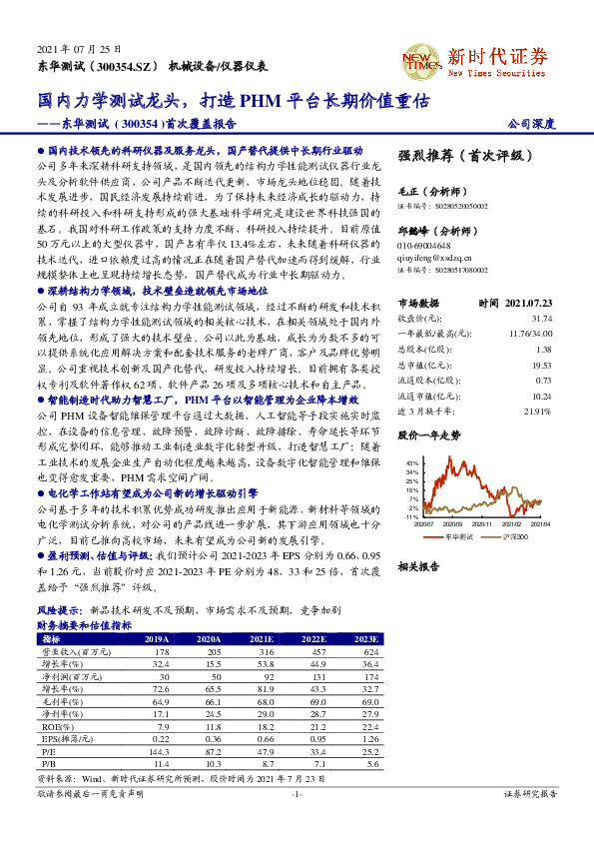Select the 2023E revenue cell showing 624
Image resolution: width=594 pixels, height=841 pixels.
pyautogui.click(x=369, y=650)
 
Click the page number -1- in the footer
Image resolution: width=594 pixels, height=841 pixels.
pyautogui.click(x=296, y=794)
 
